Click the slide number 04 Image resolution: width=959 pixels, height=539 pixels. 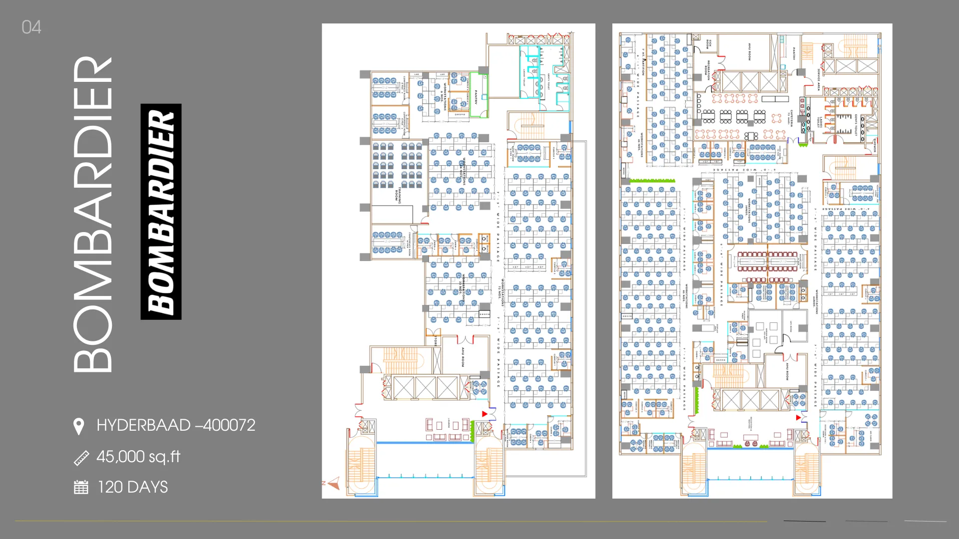tap(31, 27)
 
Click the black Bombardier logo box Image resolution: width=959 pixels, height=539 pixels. tap(161, 212)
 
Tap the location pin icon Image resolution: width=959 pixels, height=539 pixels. tap(78, 427)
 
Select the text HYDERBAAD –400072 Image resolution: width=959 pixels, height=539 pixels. tap(175, 425)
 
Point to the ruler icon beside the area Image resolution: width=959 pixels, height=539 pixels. tap(81, 458)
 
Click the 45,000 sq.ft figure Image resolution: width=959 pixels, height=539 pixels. tap(138, 457)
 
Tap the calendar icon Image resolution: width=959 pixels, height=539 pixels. tap(81, 487)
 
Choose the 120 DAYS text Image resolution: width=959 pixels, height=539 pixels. tap(132, 487)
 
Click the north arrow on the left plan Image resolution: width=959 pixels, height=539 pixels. tap(333, 483)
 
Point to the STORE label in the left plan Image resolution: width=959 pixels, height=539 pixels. tap(436, 341)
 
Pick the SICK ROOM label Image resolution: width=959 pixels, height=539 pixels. tap(709, 44)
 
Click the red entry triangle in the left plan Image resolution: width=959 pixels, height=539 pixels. tap(484, 414)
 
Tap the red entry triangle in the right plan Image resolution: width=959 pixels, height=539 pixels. tap(798, 417)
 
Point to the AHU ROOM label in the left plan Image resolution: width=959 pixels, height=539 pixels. tap(463, 357)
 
